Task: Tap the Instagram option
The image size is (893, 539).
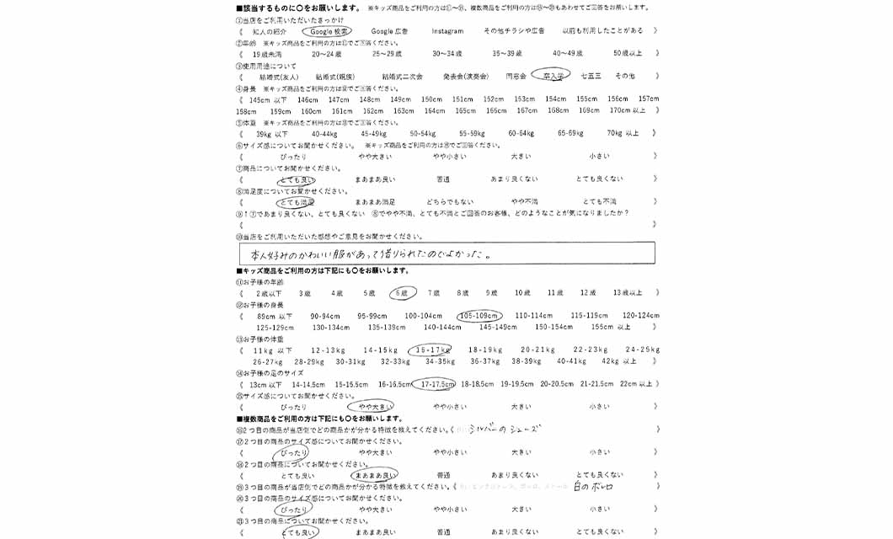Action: (447, 31)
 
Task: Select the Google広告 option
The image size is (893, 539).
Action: (389, 31)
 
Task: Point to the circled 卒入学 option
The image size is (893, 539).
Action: (553, 76)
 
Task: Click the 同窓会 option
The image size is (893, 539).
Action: (516, 76)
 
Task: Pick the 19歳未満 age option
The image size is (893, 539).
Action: (268, 53)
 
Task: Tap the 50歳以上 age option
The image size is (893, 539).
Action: (628, 53)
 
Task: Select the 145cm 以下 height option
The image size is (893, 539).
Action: (268, 99)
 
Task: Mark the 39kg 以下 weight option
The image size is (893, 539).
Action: (271, 133)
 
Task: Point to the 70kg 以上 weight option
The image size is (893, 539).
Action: (623, 133)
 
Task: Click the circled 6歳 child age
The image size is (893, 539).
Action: (403, 293)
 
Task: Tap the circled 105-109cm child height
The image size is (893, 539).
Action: (479, 316)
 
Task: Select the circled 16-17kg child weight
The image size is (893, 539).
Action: (429, 350)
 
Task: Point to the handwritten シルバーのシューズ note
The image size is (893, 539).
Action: (503, 430)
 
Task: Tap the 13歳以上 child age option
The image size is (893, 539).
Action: (628, 293)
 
